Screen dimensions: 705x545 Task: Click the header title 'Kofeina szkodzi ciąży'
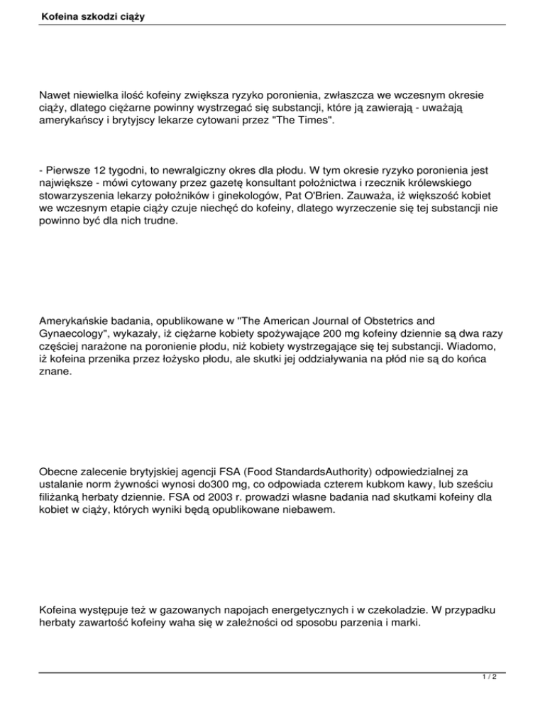point(92,13)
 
